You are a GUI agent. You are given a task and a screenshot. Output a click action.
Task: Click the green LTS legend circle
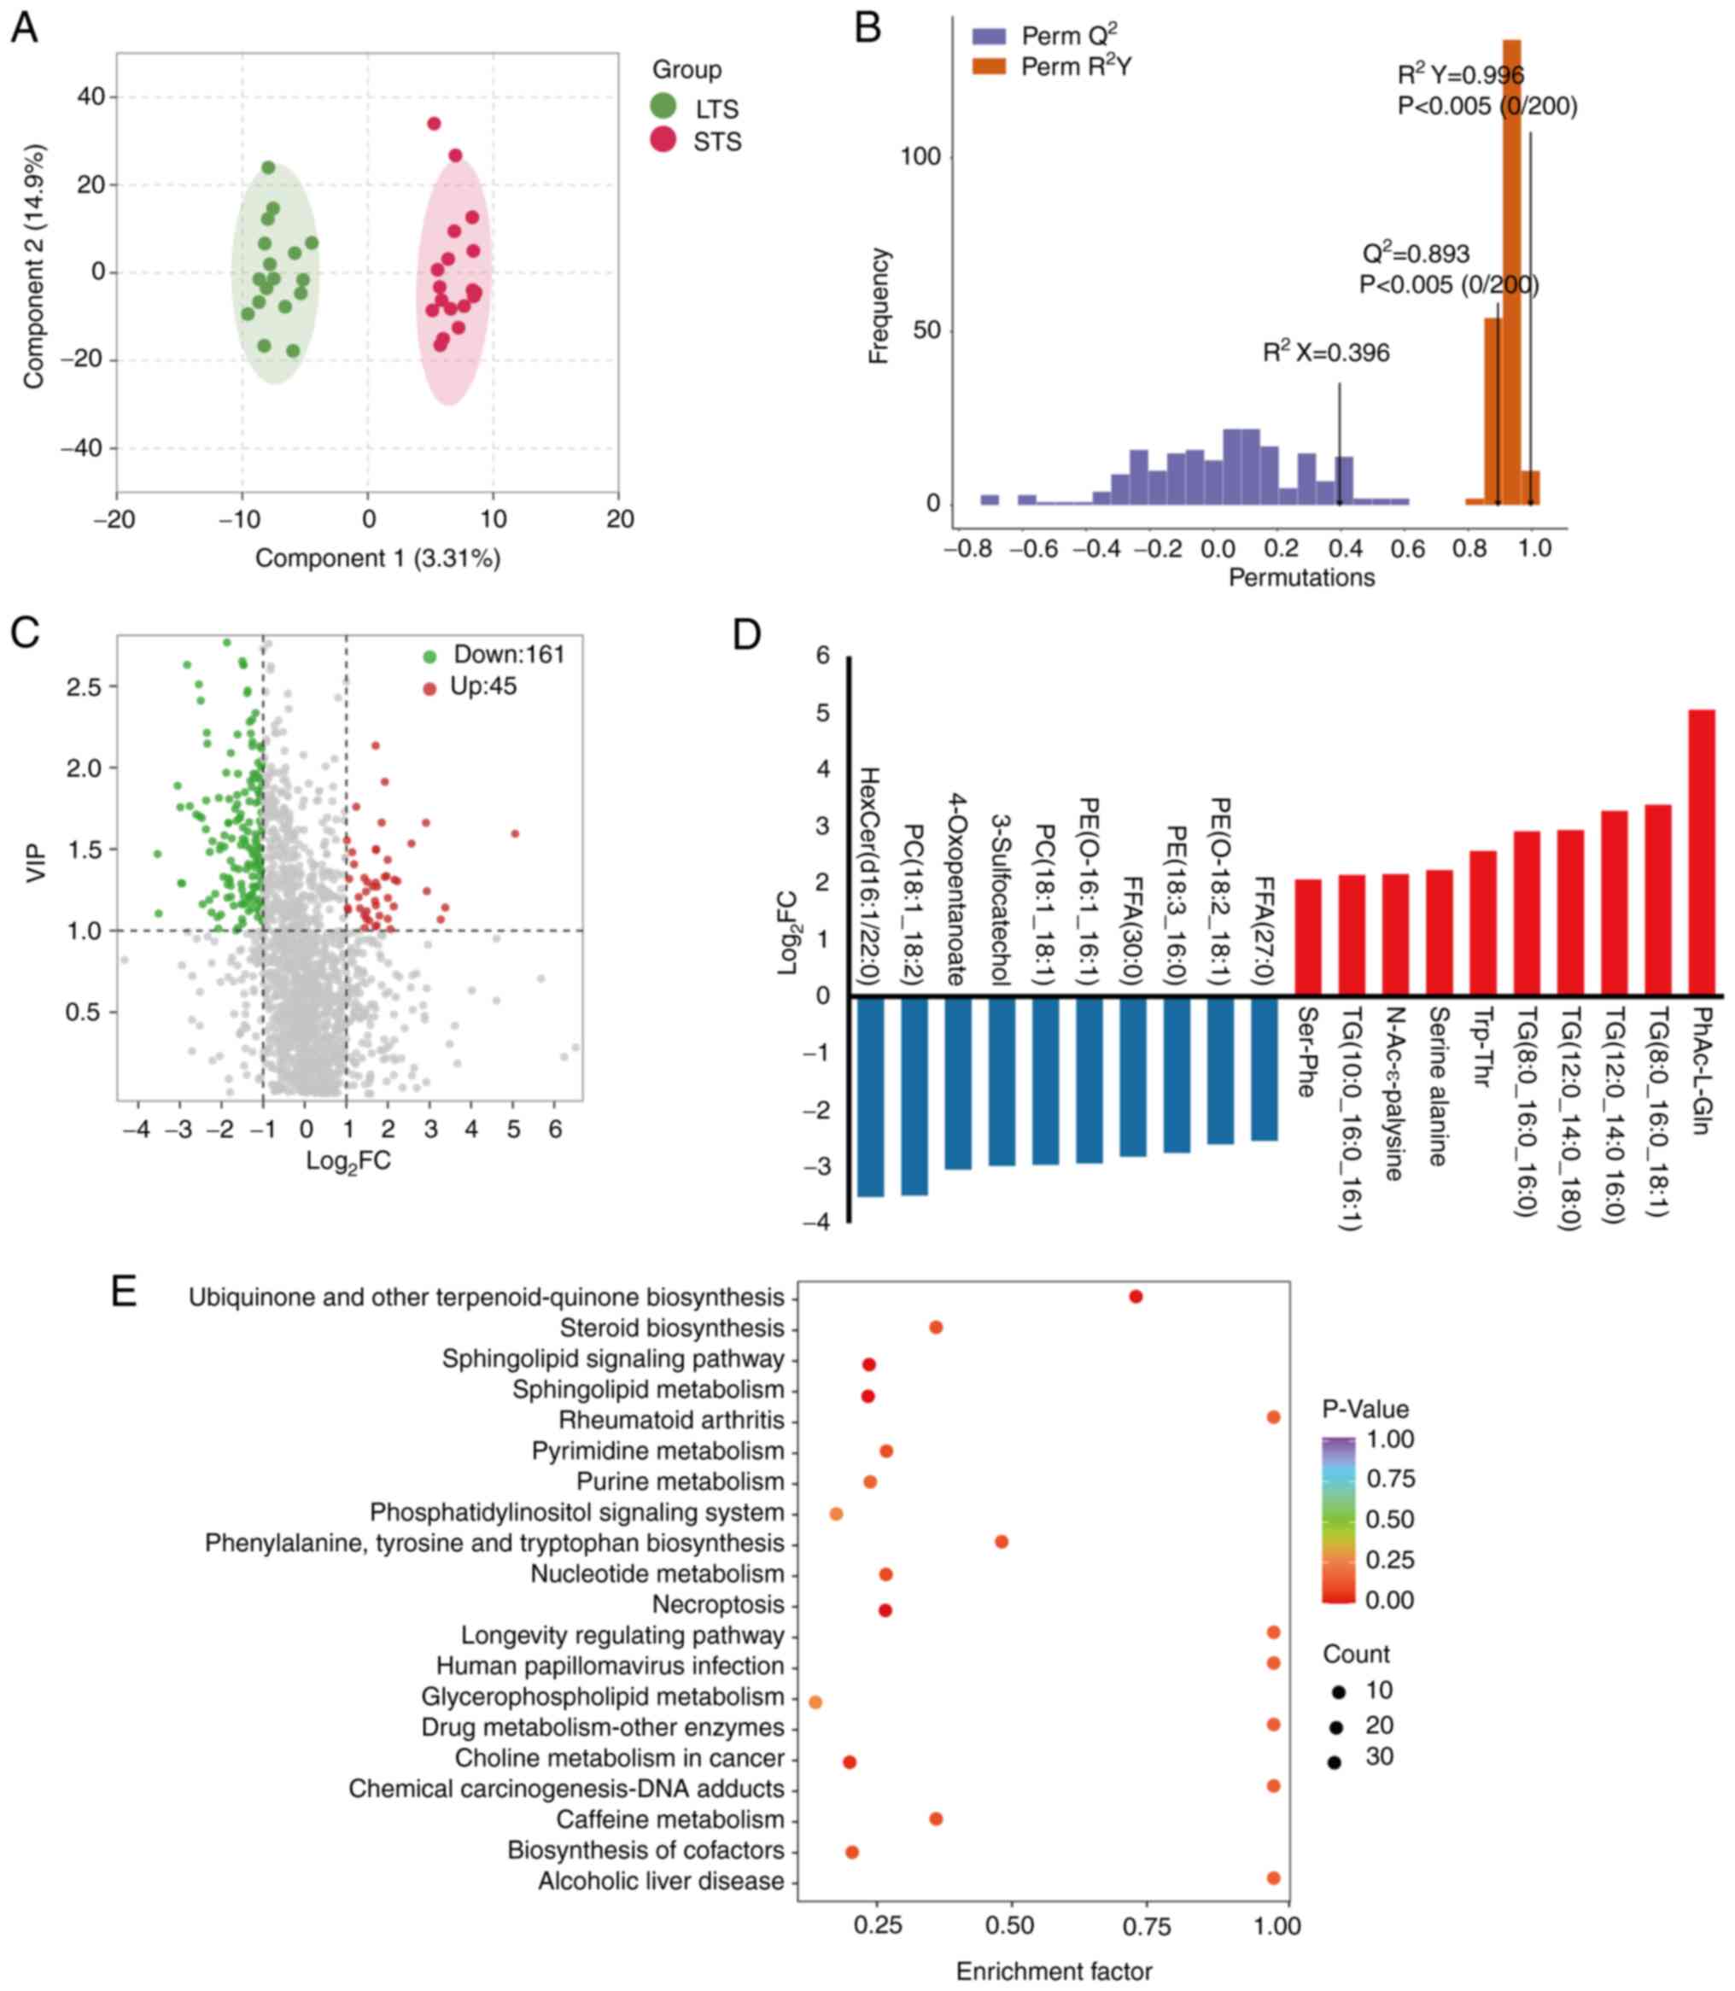(663, 107)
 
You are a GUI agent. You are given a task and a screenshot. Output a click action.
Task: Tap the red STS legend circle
(663, 139)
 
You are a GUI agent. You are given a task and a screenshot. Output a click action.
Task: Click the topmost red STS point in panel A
(434, 124)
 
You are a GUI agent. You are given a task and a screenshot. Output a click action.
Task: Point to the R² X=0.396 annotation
(1325, 353)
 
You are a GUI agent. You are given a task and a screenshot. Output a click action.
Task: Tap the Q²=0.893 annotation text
(1416, 254)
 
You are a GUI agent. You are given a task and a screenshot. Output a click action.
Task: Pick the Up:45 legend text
(483, 686)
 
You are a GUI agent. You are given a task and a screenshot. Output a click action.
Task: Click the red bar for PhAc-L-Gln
(1701, 852)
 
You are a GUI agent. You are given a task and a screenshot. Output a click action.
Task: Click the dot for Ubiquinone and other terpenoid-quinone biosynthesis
(1136, 1296)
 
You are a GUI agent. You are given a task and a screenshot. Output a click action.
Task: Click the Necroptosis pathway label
(717, 1604)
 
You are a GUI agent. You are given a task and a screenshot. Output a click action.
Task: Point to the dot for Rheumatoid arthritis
(1273, 1417)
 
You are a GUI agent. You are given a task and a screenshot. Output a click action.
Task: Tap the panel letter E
(124, 1292)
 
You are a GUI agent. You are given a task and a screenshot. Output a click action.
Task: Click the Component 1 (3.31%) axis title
(377, 558)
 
